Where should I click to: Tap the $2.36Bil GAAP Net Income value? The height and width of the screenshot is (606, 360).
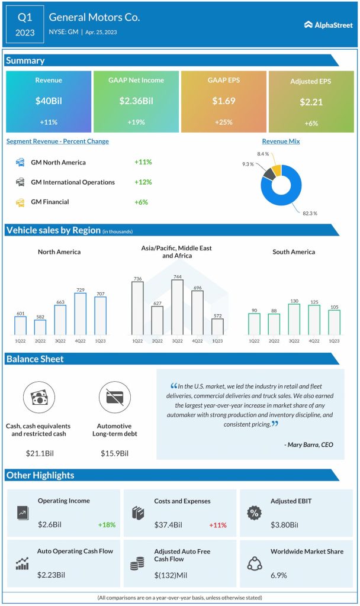pyautogui.click(x=136, y=101)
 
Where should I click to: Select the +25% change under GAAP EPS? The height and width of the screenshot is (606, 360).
pyautogui.click(x=224, y=122)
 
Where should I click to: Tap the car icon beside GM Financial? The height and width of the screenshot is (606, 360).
pyautogui.click(x=20, y=202)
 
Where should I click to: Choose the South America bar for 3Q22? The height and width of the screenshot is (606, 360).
pyautogui.click(x=294, y=320)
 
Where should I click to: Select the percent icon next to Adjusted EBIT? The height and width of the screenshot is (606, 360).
pyautogui.click(x=254, y=513)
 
